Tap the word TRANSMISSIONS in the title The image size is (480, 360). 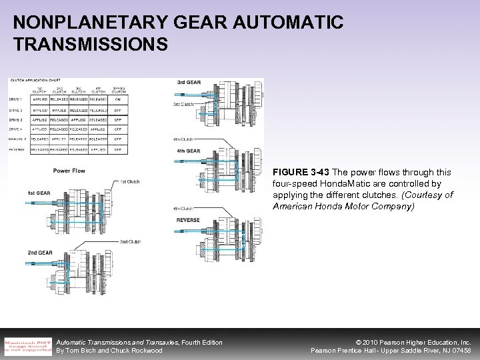[x=91, y=45]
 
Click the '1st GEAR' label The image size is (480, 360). [x=39, y=193]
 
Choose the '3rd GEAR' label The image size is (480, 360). [x=189, y=81]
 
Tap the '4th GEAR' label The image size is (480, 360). [x=189, y=151]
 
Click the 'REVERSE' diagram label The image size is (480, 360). [x=188, y=219]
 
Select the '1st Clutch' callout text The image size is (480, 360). [x=130, y=181]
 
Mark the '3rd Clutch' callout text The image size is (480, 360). [x=183, y=104]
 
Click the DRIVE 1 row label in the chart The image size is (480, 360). [x=16, y=99]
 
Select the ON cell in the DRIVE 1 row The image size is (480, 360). [x=117, y=99]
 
